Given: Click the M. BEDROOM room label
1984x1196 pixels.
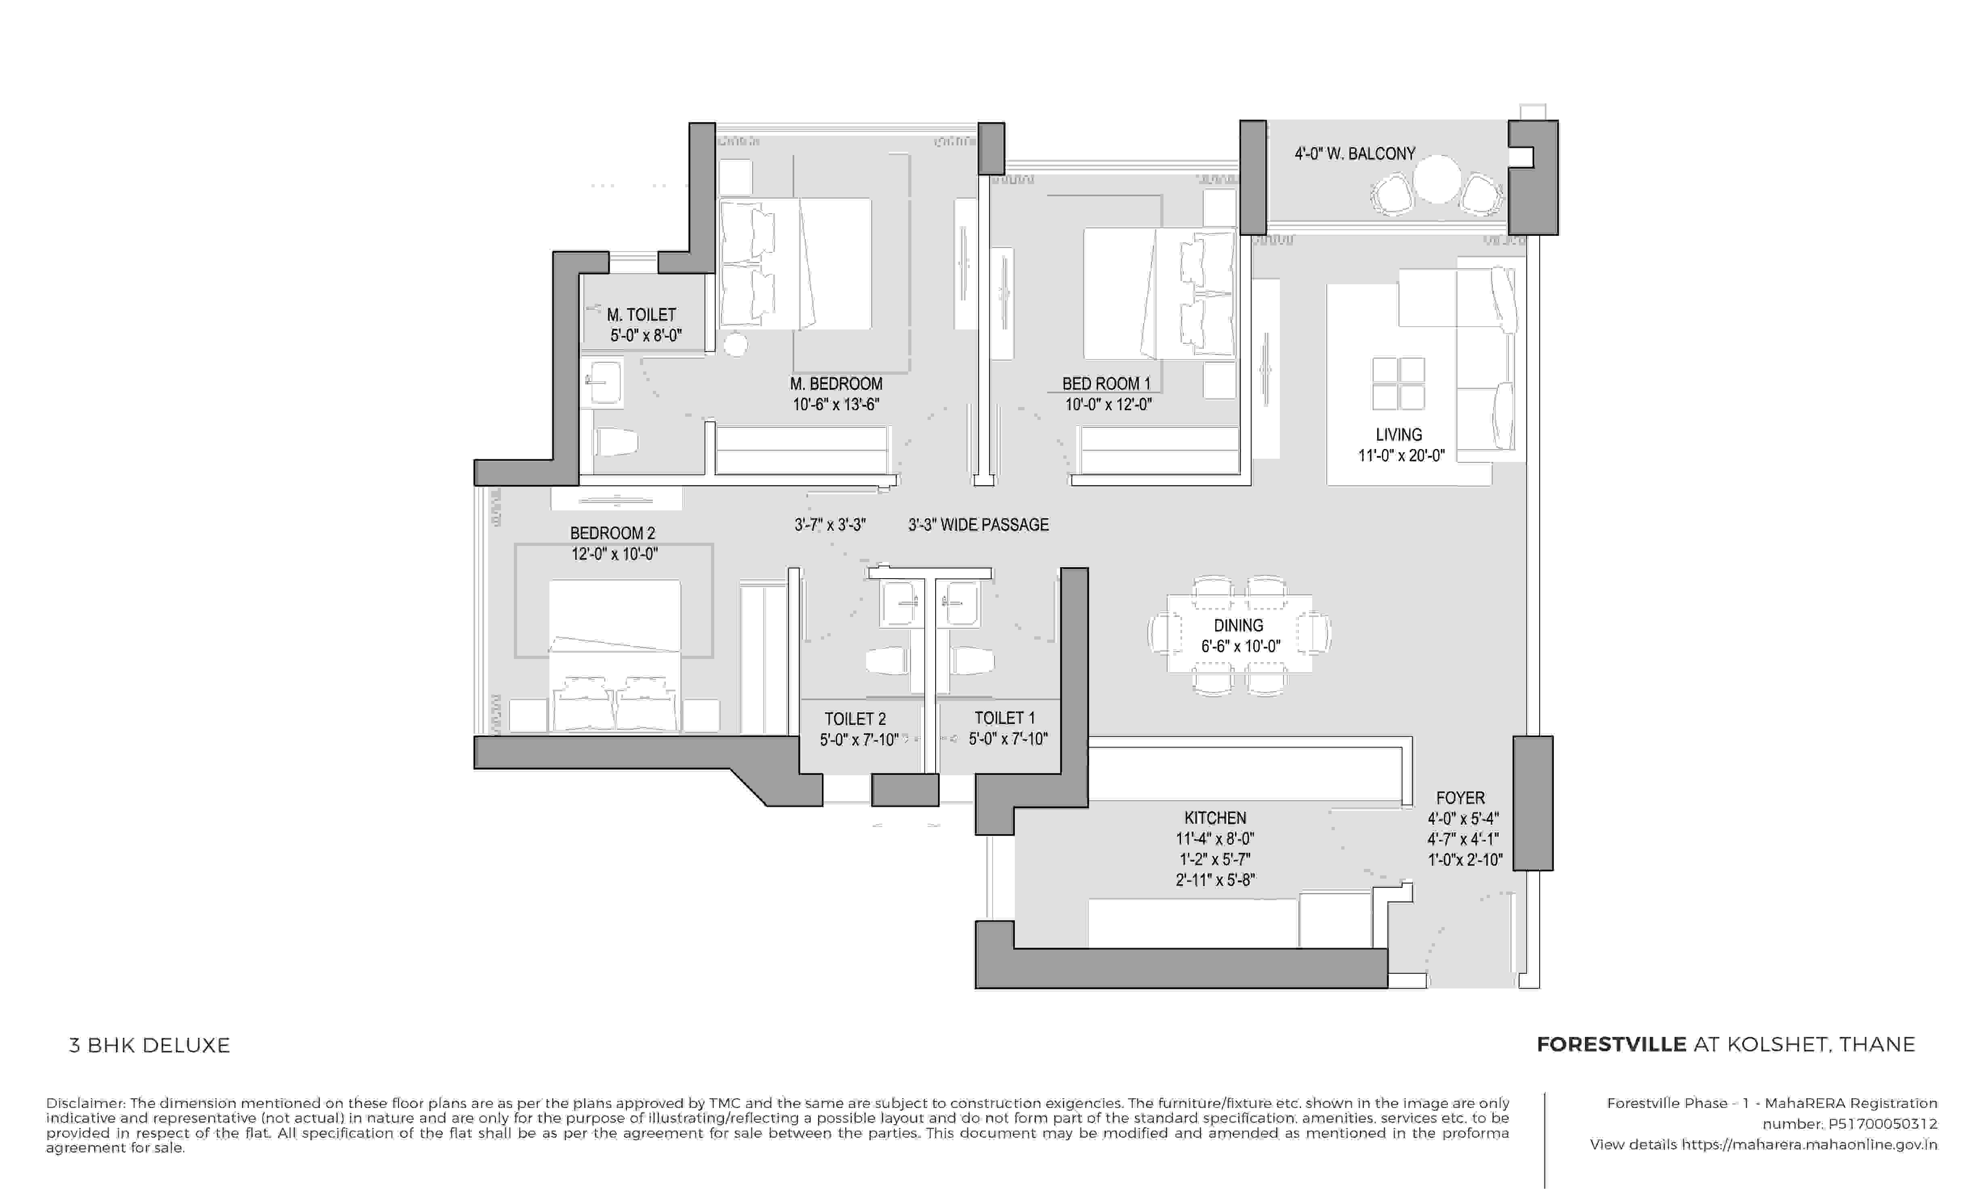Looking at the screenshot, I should coord(836,384).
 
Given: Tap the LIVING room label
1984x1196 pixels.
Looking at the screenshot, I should coord(1399,434).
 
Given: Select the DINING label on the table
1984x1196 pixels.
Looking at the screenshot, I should coord(1238,625).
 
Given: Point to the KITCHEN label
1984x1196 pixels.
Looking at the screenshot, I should coord(1215,818).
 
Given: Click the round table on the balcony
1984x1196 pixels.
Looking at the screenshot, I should coord(1437,179).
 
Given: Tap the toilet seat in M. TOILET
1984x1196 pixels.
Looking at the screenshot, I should coord(616,442).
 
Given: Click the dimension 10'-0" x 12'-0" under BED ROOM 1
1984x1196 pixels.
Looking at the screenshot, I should coord(1108,405).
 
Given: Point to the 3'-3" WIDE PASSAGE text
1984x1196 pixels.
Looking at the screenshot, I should coord(978,525).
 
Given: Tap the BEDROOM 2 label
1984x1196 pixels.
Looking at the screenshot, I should coord(613,533).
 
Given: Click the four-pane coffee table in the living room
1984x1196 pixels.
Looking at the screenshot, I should coord(1398,384).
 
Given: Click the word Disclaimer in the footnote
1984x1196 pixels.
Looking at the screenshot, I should coord(84,1104).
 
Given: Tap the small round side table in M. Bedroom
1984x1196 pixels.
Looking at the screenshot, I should coord(735,344).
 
